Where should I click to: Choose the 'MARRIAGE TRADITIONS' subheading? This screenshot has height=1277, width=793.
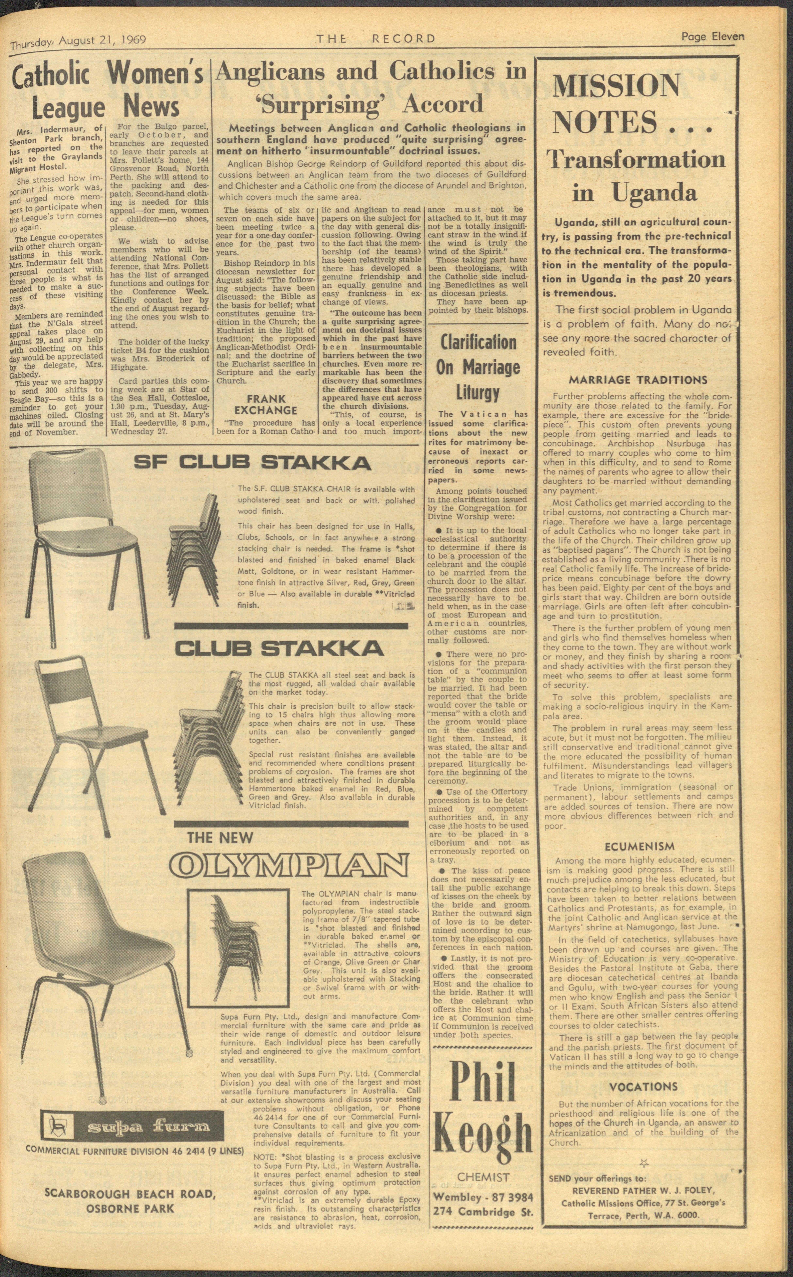pyautogui.click(x=638, y=380)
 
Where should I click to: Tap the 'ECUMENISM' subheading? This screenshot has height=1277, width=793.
pyautogui.click(x=639, y=846)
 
